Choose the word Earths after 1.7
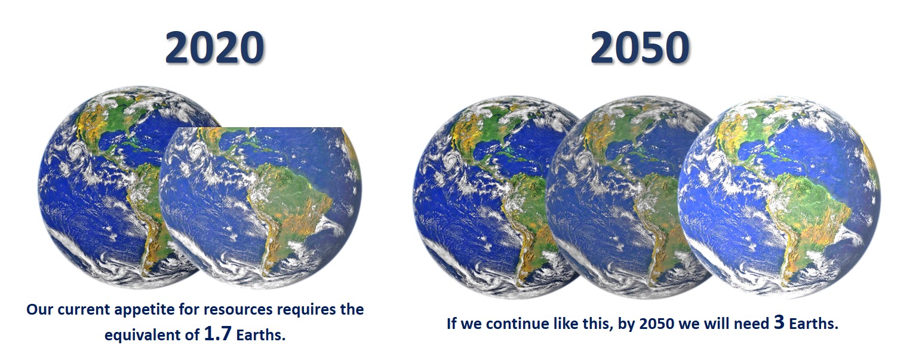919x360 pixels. [260, 335]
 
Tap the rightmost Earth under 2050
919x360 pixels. [779, 197]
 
